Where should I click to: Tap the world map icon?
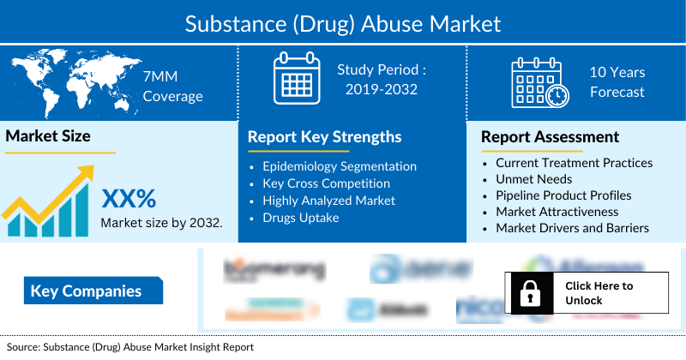point(64,84)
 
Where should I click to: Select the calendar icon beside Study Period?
point(296,80)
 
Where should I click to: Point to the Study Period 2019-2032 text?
point(382,79)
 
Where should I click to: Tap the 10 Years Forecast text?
point(617,82)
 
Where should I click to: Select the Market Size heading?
point(48,135)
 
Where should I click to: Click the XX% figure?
point(129,199)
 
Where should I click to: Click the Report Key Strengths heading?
point(324,137)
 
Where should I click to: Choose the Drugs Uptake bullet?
point(301,218)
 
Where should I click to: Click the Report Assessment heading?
point(550,137)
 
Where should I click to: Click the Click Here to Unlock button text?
point(599,293)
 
